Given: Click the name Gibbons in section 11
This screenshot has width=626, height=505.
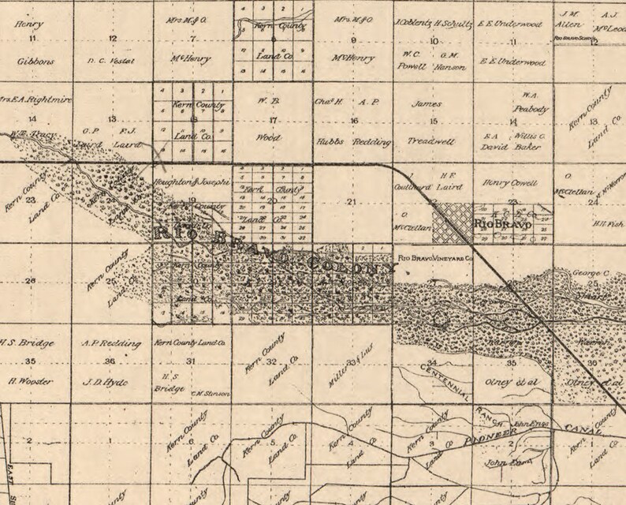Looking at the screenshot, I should click(32, 60).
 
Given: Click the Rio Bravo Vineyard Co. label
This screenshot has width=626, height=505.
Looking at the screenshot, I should click(436, 258).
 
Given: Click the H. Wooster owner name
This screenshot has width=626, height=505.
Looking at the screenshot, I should click(32, 382).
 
